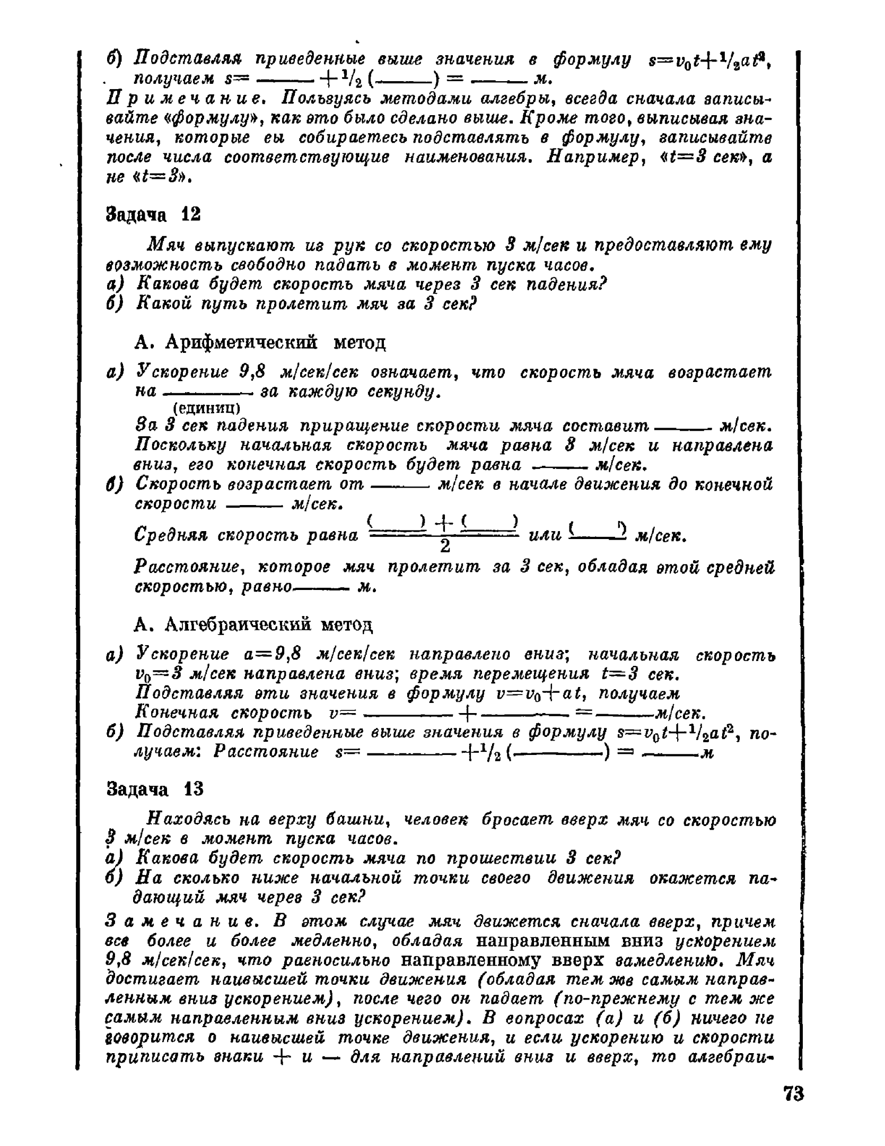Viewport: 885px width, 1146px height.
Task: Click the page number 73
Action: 793,1095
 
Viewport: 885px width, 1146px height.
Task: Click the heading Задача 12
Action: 154,215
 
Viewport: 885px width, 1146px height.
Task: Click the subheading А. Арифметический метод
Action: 260,343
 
